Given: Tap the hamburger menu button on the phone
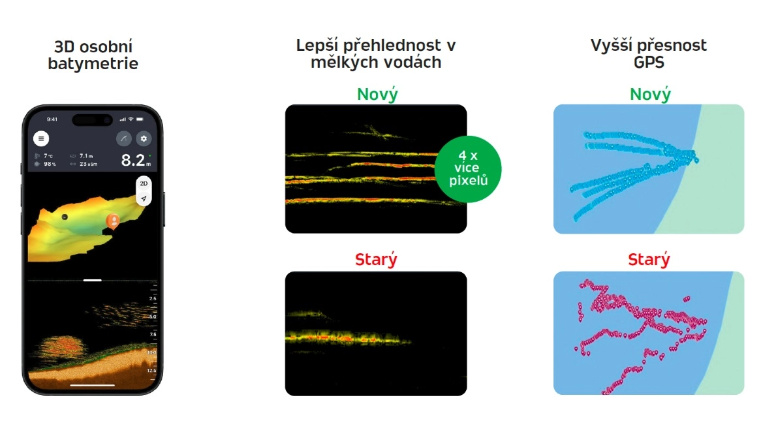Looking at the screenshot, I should pyautogui.click(x=41, y=138).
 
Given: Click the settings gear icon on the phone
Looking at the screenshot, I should pyautogui.click(x=144, y=138).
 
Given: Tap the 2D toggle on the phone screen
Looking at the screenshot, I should pyautogui.click(x=144, y=183).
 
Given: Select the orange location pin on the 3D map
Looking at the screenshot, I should pyautogui.click(x=112, y=221).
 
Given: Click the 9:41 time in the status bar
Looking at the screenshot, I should pyautogui.click(x=52, y=119).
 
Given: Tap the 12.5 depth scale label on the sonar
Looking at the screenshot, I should pyautogui.click(x=151, y=370).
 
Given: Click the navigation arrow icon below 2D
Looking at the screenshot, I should pyautogui.click(x=144, y=198).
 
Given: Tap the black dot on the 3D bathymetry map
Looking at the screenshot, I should pyautogui.click(x=64, y=217).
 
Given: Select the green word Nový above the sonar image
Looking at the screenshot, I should pyautogui.click(x=377, y=94).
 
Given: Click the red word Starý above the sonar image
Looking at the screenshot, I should pyautogui.click(x=376, y=259).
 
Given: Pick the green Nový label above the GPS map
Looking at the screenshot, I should pyautogui.click(x=650, y=94).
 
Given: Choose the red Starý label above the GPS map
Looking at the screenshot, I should pyautogui.click(x=649, y=260).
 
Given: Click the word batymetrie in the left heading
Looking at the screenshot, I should pyautogui.click(x=93, y=64).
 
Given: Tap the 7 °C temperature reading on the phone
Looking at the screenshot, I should pyautogui.click(x=49, y=156).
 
